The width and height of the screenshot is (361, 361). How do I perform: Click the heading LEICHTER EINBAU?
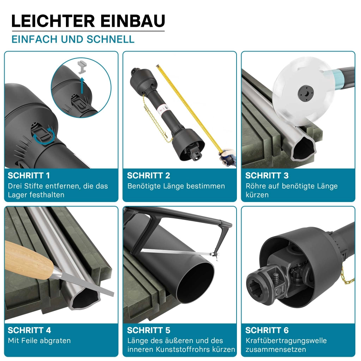[88, 21]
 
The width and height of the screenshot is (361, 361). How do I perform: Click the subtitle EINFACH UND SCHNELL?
[73, 39]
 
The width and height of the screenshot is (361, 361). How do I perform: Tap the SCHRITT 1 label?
[29, 176]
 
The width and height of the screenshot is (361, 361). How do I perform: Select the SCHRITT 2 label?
[148, 176]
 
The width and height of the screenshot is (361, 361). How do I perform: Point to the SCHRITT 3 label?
[267, 176]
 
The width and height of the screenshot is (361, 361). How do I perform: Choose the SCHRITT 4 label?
[29, 330]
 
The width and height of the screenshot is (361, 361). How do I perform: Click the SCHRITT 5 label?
[148, 330]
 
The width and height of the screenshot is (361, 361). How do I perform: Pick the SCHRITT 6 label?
[267, 330]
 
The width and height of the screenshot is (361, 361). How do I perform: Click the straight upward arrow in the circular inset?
[82, 85]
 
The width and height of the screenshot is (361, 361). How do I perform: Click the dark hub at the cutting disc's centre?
[306, 93]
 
